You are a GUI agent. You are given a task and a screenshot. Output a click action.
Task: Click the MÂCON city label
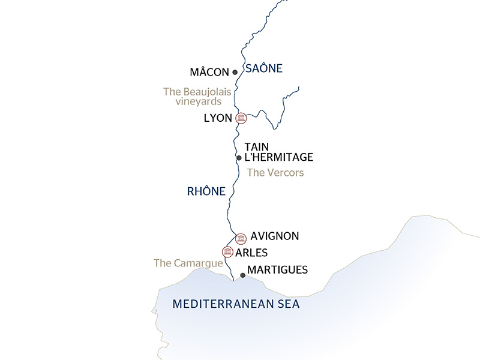[x=209, y=72]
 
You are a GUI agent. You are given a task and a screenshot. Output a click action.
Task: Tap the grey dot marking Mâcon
[x=235, y=72]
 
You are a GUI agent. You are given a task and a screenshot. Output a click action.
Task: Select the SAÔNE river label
[x=264, y=68]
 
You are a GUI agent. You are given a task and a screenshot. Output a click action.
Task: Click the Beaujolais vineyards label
[x=196, y=97]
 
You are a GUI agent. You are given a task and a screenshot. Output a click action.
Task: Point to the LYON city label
[x=218, y=118]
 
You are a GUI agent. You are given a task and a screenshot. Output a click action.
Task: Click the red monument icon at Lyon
[x=241, y=118]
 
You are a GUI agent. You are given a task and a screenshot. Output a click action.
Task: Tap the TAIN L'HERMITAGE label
[x=279, y=152]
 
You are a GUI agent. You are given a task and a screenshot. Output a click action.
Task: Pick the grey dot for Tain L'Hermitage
[x=239, y=158]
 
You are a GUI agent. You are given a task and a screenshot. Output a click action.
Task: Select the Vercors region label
[x=275, y=173]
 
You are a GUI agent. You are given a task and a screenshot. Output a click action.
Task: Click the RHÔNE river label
[x=206, y=192]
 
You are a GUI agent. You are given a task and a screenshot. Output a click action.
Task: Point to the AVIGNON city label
[x=275, y=236]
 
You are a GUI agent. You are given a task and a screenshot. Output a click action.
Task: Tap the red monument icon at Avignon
[x=241, y=238]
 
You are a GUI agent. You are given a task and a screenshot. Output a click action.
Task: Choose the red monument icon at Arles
[x=227, y=251]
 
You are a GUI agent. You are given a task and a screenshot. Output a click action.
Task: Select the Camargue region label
[x=188, y=263]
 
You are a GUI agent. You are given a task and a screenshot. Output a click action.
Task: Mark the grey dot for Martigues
[x=242, y=275]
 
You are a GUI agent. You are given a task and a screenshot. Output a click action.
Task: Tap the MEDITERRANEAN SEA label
[x=236, y=304]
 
